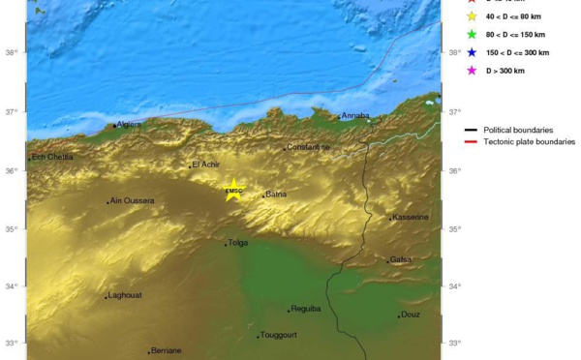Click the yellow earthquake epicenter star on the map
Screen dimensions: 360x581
[233, 187]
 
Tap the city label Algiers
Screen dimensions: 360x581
[129, 124]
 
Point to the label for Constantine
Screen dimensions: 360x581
[308, 147]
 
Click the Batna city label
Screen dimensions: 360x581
[276, 195]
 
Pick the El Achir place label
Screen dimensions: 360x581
[208, 165]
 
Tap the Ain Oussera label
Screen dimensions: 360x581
[132, 201]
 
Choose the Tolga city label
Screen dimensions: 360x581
[238, 244]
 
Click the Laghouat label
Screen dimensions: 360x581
[126, 295]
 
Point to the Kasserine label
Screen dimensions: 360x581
[410, 217]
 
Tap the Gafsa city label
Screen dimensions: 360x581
[401, 259]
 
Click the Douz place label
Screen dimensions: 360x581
[410, 315]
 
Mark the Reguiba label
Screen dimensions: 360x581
[305, 309]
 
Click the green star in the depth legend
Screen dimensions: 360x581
[472, 34]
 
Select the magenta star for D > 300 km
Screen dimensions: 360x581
[472, 70]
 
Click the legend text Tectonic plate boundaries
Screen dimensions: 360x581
[530, 141]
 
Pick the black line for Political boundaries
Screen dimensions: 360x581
[472, 129]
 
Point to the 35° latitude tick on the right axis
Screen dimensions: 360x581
[455, 229]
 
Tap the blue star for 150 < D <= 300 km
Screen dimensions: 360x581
[472, 52]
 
